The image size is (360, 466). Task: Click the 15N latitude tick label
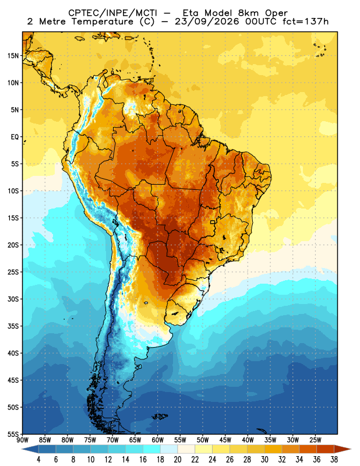[x=13, y=56]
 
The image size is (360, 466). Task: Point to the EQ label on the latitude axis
[x=15, y=137]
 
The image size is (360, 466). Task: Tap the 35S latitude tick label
[x=13, y=326]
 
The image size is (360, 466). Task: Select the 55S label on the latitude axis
[x=13, y=435]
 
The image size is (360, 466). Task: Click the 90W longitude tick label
[x=23, y=440]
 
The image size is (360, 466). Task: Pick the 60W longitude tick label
[x=157, y=440]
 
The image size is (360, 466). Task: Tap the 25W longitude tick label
[x=315, y=440]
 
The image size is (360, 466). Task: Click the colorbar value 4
[x=38, y=460]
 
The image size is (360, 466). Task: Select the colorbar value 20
[x=178, y=460]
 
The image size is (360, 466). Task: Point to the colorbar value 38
[x=334, y=460]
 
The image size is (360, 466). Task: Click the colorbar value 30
[x=264, y=460]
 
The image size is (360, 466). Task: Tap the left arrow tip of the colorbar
[x=22, y=449]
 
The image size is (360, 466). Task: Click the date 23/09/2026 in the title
[x=207, y=22]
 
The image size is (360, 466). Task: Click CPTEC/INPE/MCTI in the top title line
[x=112, y=13]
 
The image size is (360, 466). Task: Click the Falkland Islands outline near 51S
[x=160, y=416]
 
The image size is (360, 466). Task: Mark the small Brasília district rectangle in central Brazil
[x=213, y=222]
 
